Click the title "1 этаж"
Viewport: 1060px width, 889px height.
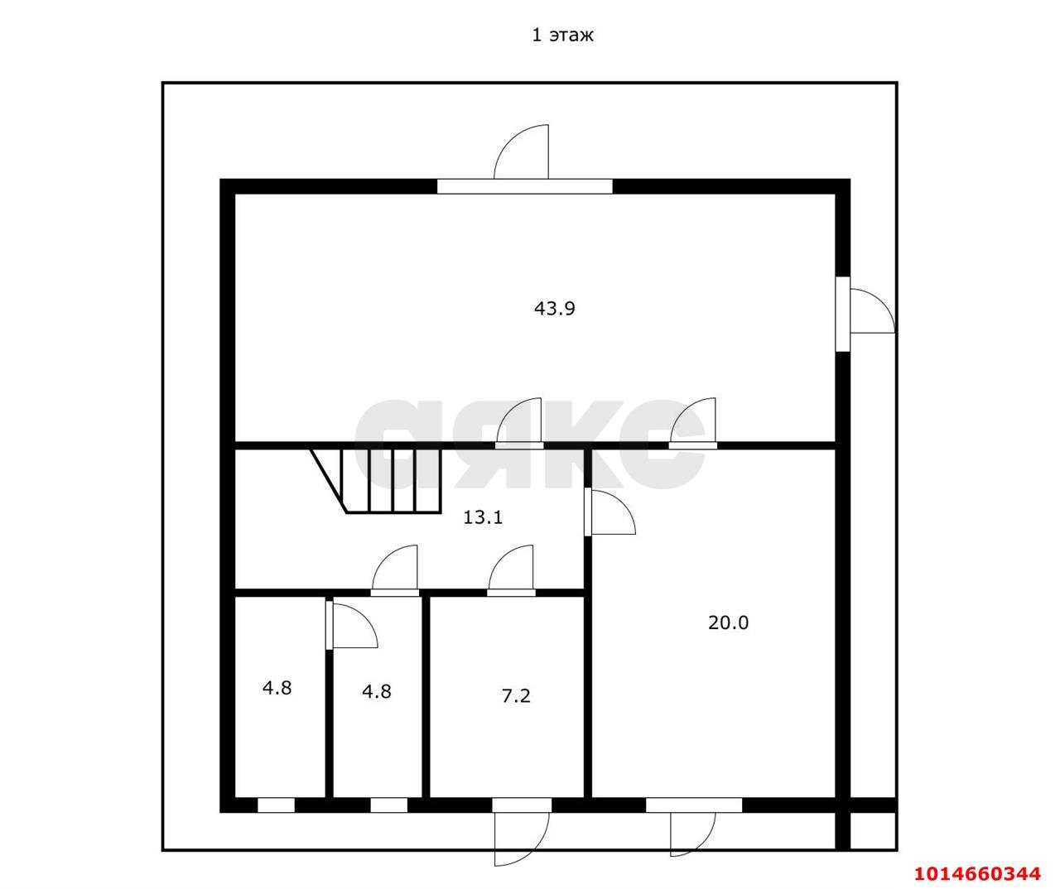[x=562, y=35]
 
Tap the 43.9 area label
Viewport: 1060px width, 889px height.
[x=554, y=308]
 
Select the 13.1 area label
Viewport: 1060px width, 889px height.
[x=483, y=517]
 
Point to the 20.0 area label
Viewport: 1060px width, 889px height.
[x=728, y=622]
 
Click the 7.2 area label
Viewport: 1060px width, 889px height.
[x=516, y=695]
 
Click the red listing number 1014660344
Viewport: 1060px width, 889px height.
[x=977, y=874]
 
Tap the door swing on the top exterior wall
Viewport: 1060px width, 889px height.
[x=521, y=151]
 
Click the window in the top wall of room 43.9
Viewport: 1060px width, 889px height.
[x=524, y=187]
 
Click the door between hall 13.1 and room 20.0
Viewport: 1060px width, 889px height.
[x=609, y=512]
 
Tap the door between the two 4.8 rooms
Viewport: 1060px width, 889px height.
[x=352, y=625]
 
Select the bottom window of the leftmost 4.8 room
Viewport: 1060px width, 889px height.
[x=276, y=805]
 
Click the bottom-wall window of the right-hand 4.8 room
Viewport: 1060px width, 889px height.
[x=389, y=805]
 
